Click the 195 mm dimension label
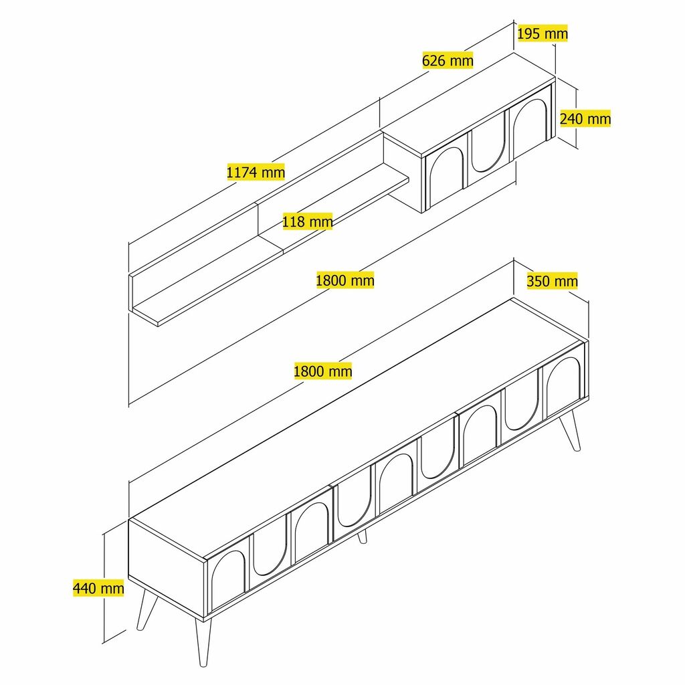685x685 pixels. pos(543,33)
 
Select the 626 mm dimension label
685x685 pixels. pos(448,60)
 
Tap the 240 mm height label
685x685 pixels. pos(585,118)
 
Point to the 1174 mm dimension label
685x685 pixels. pos(256,172)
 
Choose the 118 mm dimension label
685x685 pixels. pos(307,221)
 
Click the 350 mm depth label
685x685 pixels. pos(552,281)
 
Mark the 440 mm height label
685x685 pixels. pos(98,588)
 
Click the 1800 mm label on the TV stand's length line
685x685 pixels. pos(323,371)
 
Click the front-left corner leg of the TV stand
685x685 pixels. pos(203,642)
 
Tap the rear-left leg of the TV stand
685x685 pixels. pos(146,607)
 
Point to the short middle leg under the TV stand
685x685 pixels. pos(362,536)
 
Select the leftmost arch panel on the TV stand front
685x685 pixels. pos(227,579)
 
